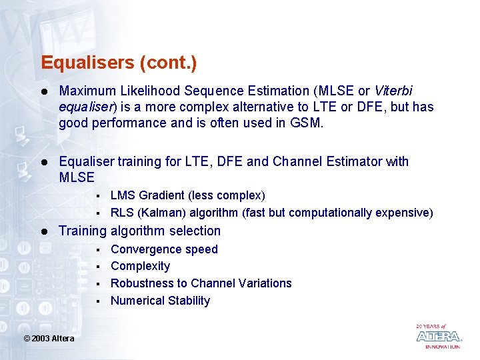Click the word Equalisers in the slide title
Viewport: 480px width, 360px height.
pyautogui.click(x=87, y=63)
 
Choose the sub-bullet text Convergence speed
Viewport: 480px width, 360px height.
pyautogui.click(x=164, y=249)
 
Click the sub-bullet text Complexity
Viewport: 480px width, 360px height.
pyautogui.click(x=140, y=266)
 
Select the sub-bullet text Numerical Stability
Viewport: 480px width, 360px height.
pyautogui.click(x=160, y=301)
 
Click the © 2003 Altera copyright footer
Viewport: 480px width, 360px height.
pyautogui.click(x=49, y=339)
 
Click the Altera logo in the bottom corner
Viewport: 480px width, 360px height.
pyautogui.click(x=438, y=337)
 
